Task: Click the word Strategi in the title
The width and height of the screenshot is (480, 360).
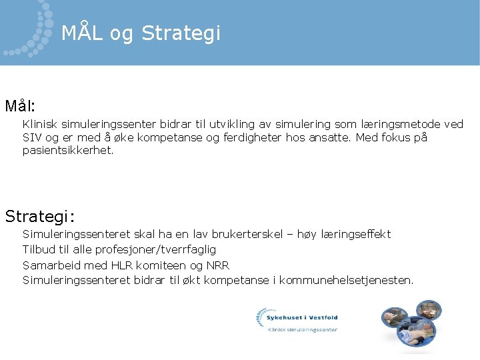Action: click(181, 33)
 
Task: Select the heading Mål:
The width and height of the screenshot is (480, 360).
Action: click(21, 106)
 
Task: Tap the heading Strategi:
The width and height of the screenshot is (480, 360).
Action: click(40, 217)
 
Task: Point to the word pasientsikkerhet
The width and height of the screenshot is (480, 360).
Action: click(67, 151)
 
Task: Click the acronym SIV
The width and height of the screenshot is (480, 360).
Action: click(31, 138)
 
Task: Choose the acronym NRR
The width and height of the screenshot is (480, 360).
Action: click(217, 265)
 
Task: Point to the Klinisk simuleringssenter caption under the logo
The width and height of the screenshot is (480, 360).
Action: click(302, 329)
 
